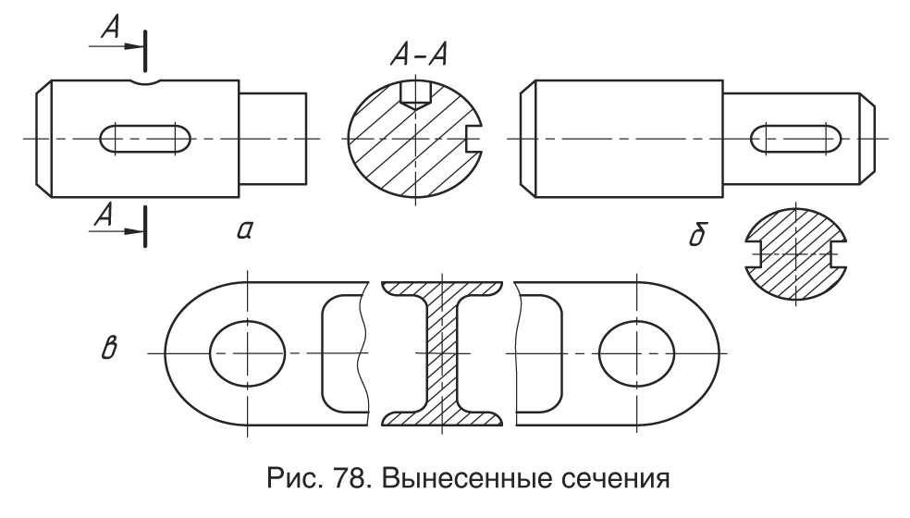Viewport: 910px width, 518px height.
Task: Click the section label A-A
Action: pyautogui.click(x=418, y=56)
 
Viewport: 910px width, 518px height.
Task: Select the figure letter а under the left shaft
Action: pyautogui.click(x=245, y=231)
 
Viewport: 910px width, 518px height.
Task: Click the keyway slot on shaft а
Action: pyautogui.click(x=145, y=138)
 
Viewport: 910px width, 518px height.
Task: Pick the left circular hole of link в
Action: pyautogui.click(x=248, y=352)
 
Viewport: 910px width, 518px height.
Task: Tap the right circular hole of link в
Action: pyautogui.click(x=636, y=352)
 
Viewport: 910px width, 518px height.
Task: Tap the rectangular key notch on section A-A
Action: pyautogui.click(x=475, y=138)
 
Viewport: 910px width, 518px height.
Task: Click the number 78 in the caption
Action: pyautogui.click(x=343, y=483)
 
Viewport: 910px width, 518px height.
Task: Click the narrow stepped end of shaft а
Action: pyautogui.click(x=274, y=137)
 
